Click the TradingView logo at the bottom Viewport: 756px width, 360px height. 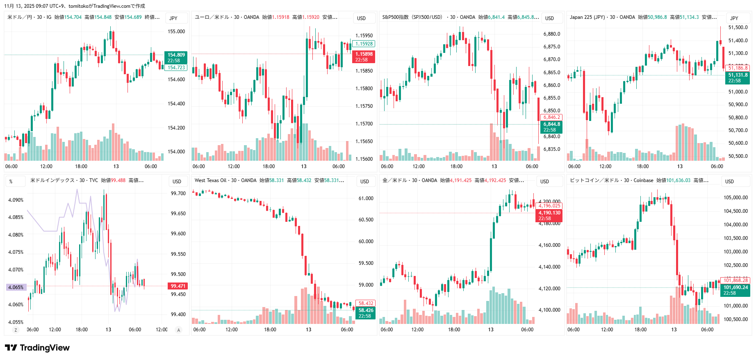37,348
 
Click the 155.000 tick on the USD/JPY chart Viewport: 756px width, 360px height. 176,32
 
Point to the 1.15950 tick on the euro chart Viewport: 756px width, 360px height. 364,36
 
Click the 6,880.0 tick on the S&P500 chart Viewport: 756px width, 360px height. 551,34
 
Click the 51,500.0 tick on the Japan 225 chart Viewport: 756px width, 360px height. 738,27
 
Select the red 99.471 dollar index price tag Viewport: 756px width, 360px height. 178,286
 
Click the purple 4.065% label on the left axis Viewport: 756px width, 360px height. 16,287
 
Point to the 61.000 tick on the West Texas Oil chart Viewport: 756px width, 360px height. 366,198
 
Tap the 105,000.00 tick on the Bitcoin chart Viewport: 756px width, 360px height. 736,198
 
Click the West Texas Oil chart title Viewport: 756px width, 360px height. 210,180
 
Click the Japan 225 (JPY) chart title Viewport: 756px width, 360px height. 587,17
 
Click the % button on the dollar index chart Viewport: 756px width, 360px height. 11,181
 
